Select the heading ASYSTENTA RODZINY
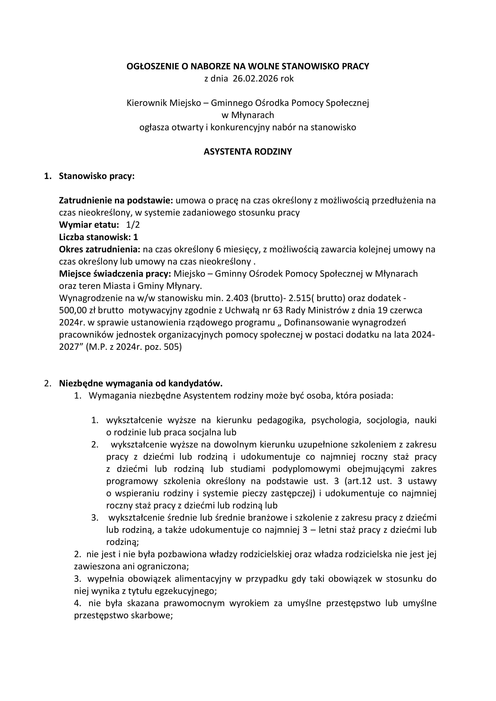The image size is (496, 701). tap(248, 152)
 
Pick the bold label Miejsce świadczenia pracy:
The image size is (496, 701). tap(115, 274)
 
